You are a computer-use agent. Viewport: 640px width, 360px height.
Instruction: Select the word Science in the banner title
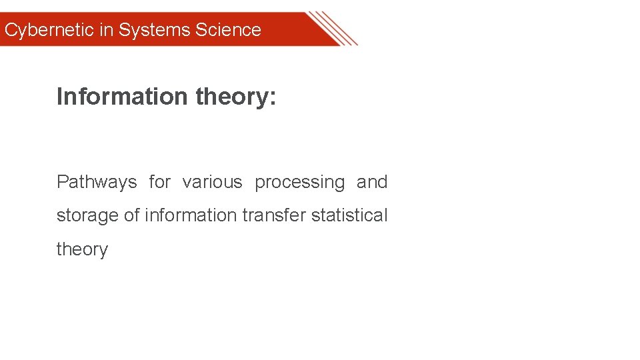228,30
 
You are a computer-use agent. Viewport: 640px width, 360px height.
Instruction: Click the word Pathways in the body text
97,182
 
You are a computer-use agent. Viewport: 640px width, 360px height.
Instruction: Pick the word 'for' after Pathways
160,182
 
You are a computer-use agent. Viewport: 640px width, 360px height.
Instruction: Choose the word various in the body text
212,182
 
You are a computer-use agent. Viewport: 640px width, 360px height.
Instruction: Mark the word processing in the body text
300,183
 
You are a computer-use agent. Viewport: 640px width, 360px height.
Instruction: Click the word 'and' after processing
372,182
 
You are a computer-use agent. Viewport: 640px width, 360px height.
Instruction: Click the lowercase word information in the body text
190,215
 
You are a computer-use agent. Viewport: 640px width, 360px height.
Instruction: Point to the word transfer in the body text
275,215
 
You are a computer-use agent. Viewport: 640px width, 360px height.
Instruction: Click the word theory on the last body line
82,249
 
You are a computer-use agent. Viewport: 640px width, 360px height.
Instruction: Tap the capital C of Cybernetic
11,30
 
